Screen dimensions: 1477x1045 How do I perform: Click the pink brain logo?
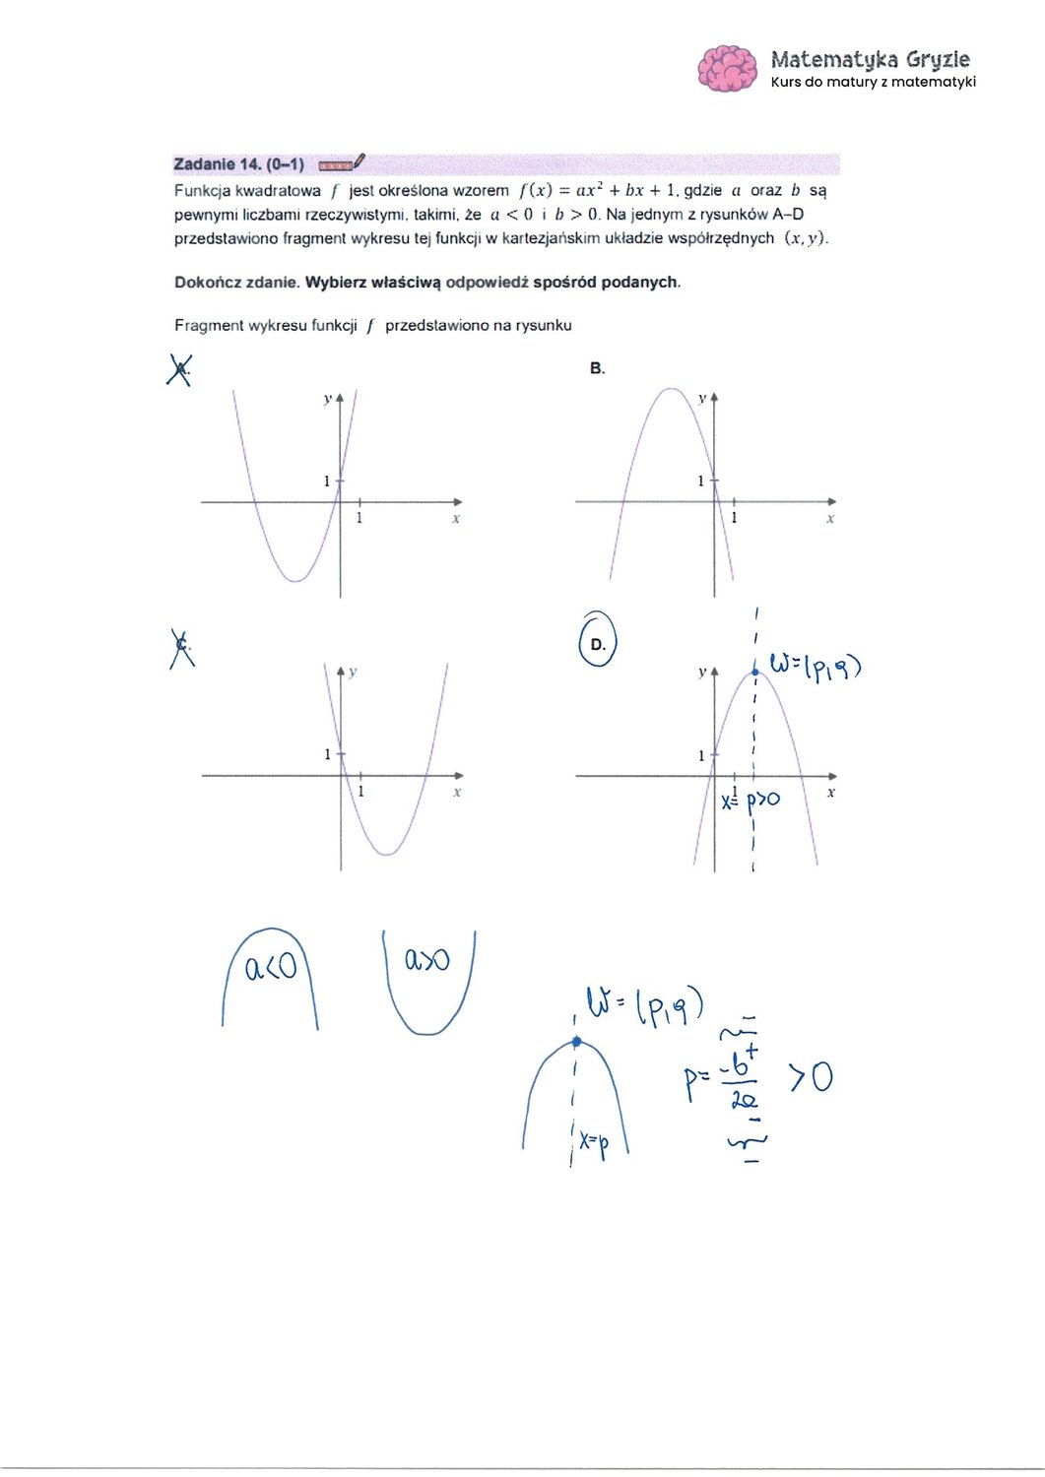728,68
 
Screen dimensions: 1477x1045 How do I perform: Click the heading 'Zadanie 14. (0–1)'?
238,163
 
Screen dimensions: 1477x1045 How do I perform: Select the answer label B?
597,368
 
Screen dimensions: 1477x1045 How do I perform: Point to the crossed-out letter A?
179,370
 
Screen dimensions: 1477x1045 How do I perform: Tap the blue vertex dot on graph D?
755,673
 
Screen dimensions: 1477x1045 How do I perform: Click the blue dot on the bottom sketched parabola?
576,1042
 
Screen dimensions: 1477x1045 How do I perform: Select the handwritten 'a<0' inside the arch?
270,968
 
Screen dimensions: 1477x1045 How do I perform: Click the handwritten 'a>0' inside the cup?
427,958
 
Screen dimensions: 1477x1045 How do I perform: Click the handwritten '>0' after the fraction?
811,1076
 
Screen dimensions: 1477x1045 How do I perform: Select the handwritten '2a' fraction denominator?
745,1100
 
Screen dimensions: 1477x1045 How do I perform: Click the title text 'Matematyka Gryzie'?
870,59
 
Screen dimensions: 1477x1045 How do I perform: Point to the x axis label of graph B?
830,518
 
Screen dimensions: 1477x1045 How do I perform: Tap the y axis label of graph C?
353,672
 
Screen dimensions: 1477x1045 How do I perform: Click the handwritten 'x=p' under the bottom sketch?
594,1142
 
